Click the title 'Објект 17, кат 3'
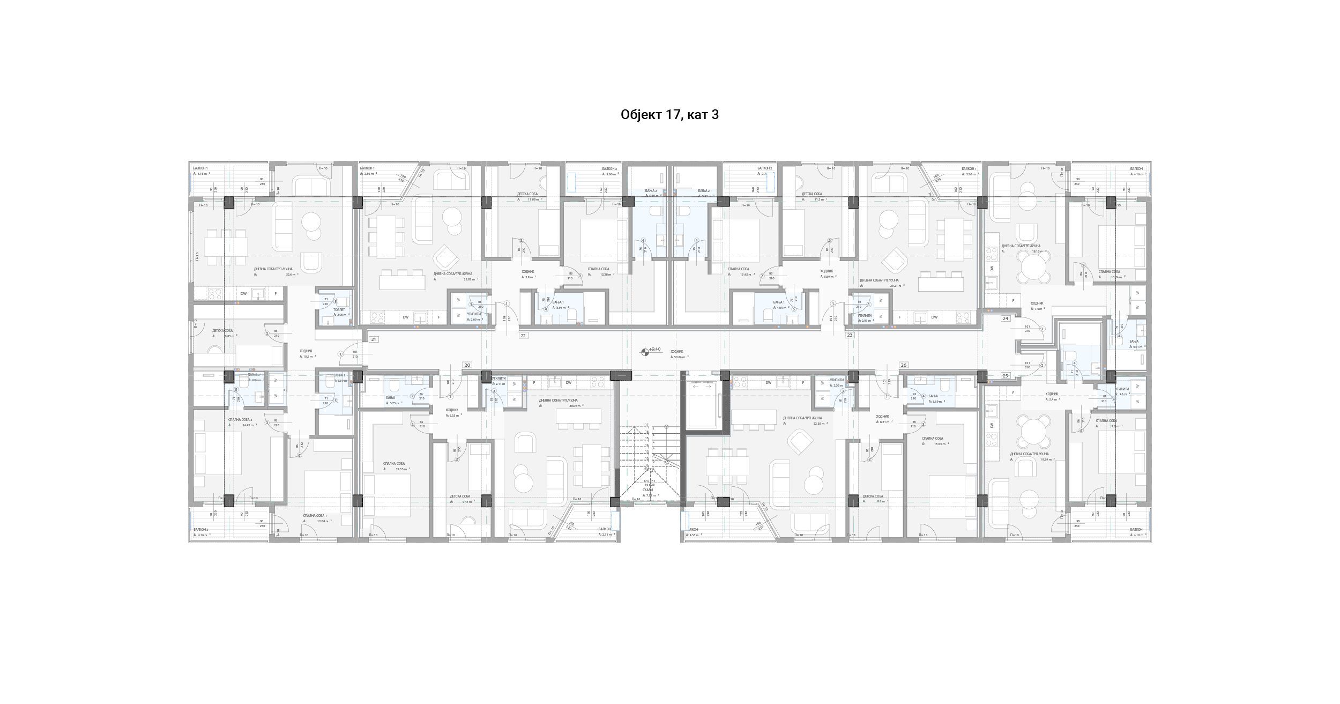coord(669,115)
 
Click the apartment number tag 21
coord(374,339)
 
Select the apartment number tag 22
coord(524,336)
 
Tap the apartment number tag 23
coord(850,335)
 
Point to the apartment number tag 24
coord(1006,318)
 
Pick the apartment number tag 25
coord(1006,376)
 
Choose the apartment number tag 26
coord(904,365)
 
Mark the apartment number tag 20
coord(467,365)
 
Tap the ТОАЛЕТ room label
coord(339,309)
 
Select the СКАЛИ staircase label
coord(647,490)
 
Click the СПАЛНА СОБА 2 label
coord(240,420)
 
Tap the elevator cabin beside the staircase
coord(703,404)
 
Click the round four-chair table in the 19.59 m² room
coord(1034,432)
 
